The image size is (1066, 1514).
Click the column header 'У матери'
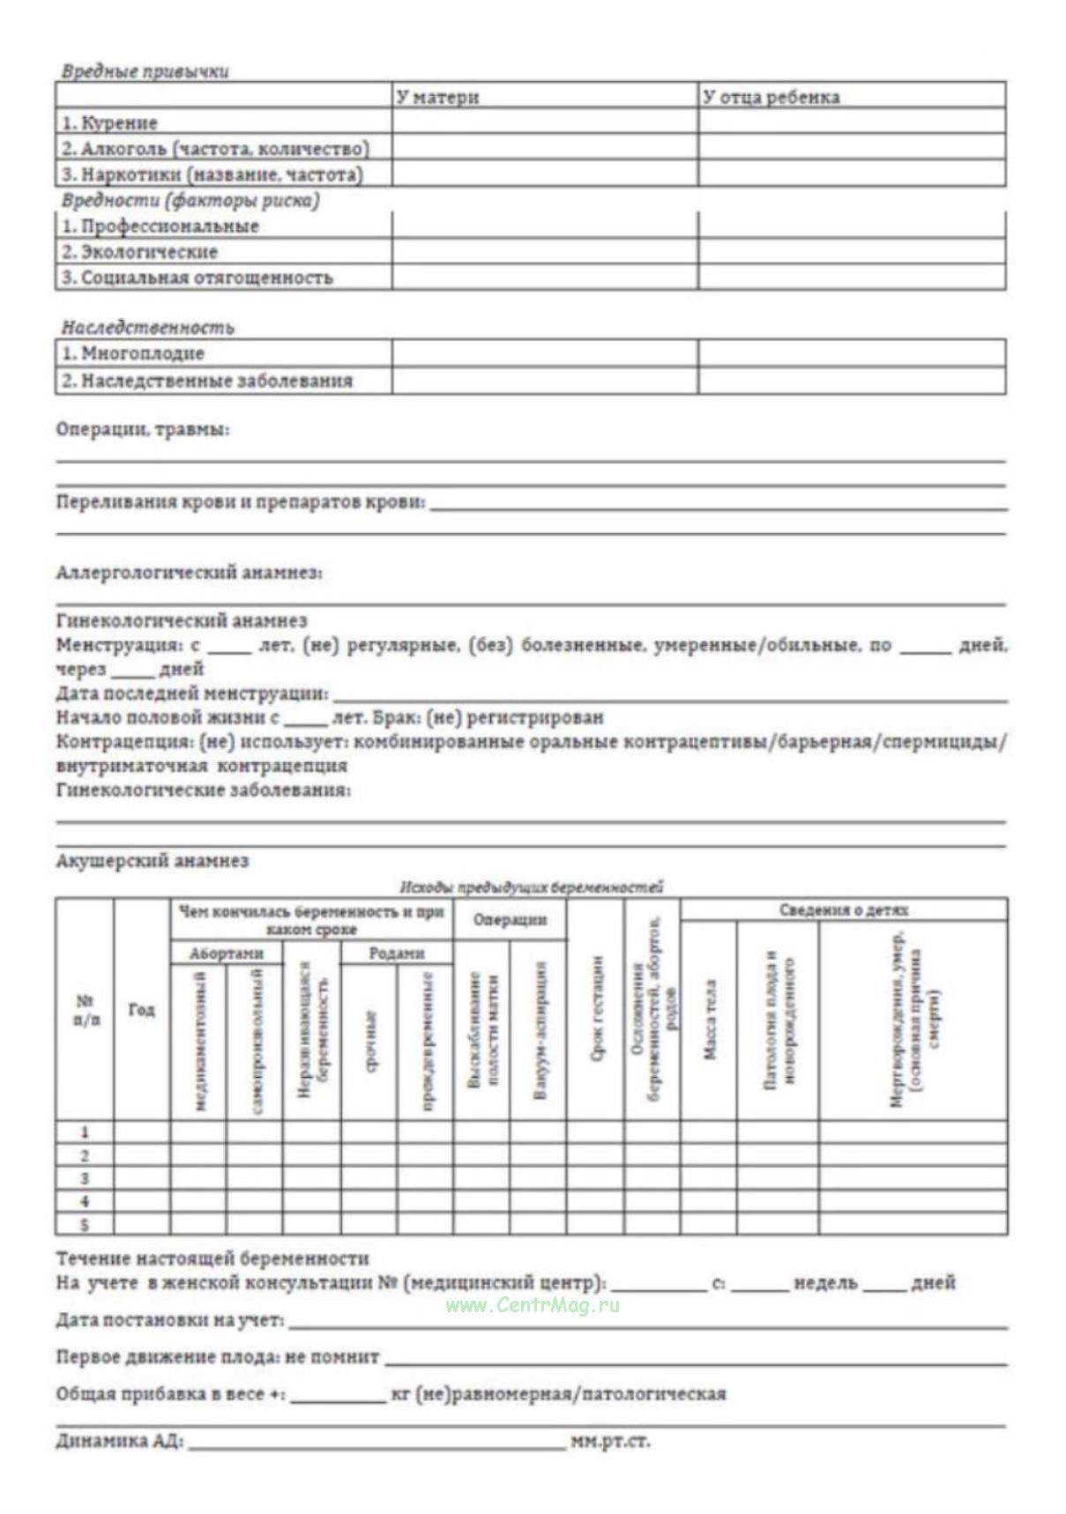[x=437, y=97]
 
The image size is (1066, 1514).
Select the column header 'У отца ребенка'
[x=771, y=97]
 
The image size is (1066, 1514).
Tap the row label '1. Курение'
[x=109, y=122]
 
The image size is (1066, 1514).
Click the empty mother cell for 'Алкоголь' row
[x=544, y=147]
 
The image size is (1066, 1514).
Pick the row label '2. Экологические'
[x=139, y=252]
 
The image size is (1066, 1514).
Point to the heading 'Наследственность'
[x=147, y=328]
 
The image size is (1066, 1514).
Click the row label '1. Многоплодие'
[x=132, y=354]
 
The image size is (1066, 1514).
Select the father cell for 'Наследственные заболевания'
[x=851, y=381]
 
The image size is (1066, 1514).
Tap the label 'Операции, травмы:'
[x=142, y=430]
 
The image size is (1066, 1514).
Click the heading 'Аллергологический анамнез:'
[x=189, y=573]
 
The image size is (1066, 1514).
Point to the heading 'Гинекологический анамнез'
[x=181, y=621]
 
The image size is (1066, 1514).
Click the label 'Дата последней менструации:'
[x=192, y=694]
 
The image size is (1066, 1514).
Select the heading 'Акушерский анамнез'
[x=152, y=861]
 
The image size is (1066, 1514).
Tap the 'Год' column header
[x=141, y=1010]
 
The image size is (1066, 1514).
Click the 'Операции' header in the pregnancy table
[x=510, y=920]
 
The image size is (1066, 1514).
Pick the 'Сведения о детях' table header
[x=843, y=910]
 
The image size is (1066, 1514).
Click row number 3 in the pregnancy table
[x=85, y=1178]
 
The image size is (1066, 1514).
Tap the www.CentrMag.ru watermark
[x=533, y=1306]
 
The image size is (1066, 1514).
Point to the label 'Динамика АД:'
[x=119, y=1443]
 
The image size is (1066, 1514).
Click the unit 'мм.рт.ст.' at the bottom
[x=610, y=1443]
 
